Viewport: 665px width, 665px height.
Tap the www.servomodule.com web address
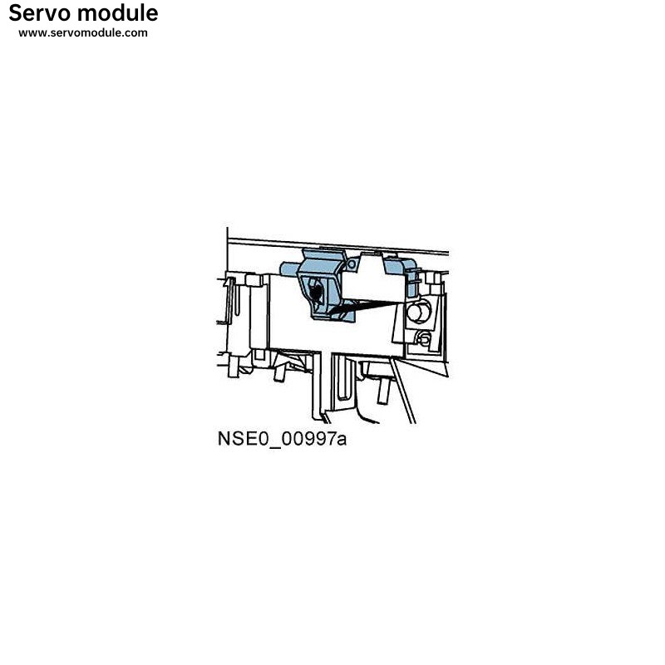coord(83,33)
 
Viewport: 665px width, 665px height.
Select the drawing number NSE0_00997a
coord(282,439)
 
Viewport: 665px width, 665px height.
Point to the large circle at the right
coord(417,313)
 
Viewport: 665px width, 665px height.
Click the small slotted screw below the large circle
coord(423,337)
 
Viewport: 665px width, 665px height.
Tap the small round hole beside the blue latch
coord(353,264)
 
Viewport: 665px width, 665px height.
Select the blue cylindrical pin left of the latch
coord(289,268)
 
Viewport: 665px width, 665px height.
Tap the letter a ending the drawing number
coord(342,440)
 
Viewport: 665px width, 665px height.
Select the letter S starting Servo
coord(16,13)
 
